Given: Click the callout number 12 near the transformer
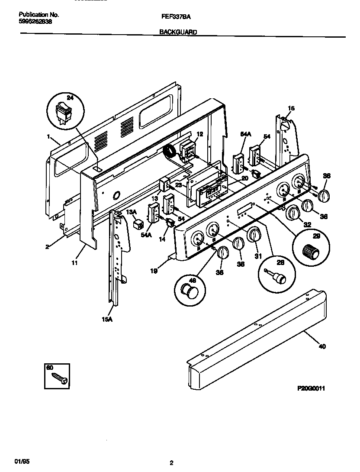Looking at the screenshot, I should tap(199, 135).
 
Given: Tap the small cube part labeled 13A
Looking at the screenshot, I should tap(139, 224).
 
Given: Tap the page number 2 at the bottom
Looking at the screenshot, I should tap(171, 463).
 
